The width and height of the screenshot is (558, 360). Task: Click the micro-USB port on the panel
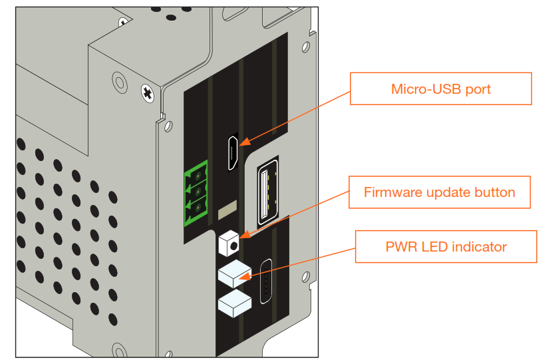(233, 152)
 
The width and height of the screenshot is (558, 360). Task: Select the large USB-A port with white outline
(267, 192)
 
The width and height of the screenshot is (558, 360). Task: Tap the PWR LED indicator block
(233, 273)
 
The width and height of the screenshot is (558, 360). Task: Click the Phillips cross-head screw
(146, 90)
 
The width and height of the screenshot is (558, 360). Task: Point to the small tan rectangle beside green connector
(227, 212)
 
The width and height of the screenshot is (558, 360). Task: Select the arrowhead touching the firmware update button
(243, 236)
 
